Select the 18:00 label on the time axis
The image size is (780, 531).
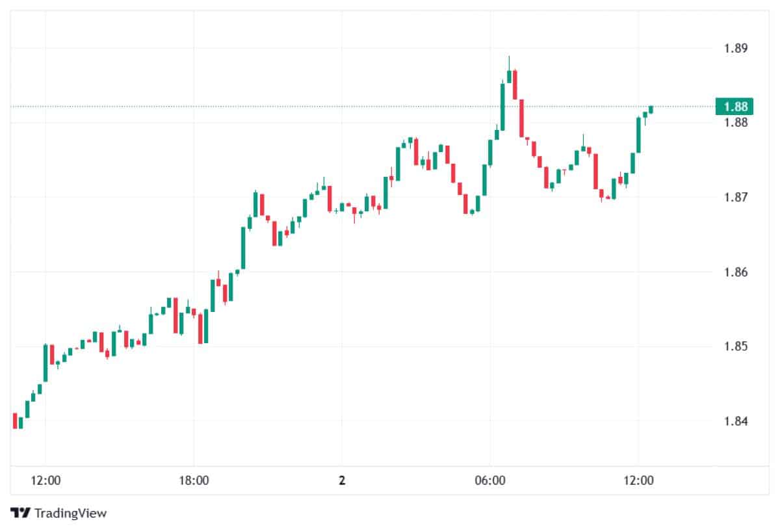194,482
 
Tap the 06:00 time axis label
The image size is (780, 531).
490,482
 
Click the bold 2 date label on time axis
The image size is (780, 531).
342,482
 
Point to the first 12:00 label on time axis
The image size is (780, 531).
45,482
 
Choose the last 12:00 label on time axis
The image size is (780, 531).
638,482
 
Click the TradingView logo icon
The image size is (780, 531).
21,513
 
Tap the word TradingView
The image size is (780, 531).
70,513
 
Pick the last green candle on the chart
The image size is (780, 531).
651,109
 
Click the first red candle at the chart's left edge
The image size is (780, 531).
15,421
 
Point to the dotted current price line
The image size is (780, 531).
325,106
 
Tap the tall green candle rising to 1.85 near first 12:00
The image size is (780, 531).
45,363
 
